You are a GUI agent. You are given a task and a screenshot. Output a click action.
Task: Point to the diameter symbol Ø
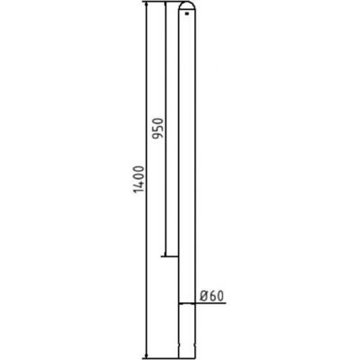(203, 293)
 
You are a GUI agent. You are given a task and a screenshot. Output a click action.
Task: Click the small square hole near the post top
(188, 13)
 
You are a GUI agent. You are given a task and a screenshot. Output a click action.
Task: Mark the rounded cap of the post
(187, 8)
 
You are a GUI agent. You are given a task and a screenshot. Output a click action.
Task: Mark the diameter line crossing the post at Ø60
(187, 302)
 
